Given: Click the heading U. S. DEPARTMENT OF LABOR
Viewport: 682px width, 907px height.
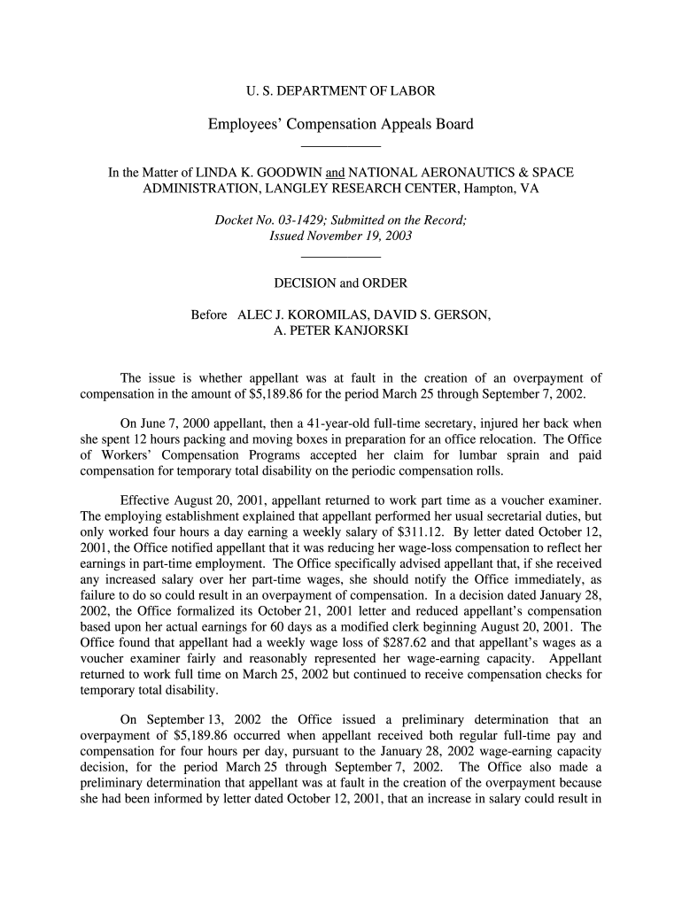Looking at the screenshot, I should click(x=340, y=90).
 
